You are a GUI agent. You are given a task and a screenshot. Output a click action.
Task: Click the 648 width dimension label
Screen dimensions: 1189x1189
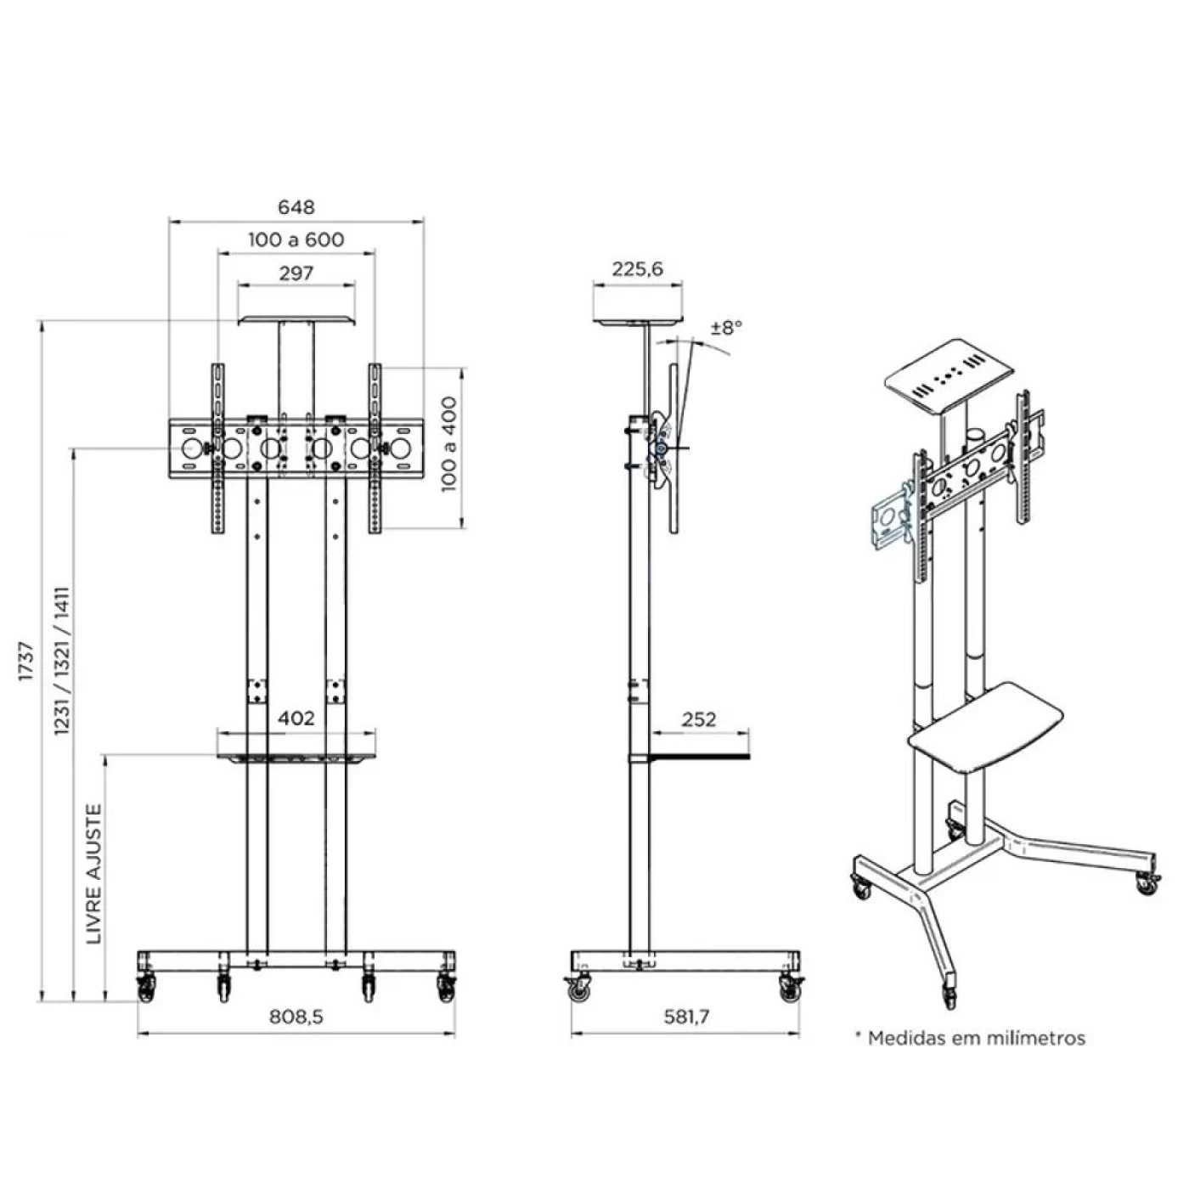click(296, 207)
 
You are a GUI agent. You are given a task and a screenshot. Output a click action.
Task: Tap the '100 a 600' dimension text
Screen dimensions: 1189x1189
click(296, 239)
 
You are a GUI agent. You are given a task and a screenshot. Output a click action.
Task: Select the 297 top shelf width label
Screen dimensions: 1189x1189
click(296, 273)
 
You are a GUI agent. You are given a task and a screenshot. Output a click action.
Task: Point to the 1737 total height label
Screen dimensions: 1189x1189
click(26, 661)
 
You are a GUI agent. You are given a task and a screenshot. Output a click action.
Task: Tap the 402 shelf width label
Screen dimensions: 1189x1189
click(296, 718)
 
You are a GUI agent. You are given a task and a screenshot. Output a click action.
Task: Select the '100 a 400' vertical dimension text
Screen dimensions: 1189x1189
click(449, 444)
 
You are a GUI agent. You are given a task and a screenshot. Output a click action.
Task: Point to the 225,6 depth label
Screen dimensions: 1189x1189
click(637, 269)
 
